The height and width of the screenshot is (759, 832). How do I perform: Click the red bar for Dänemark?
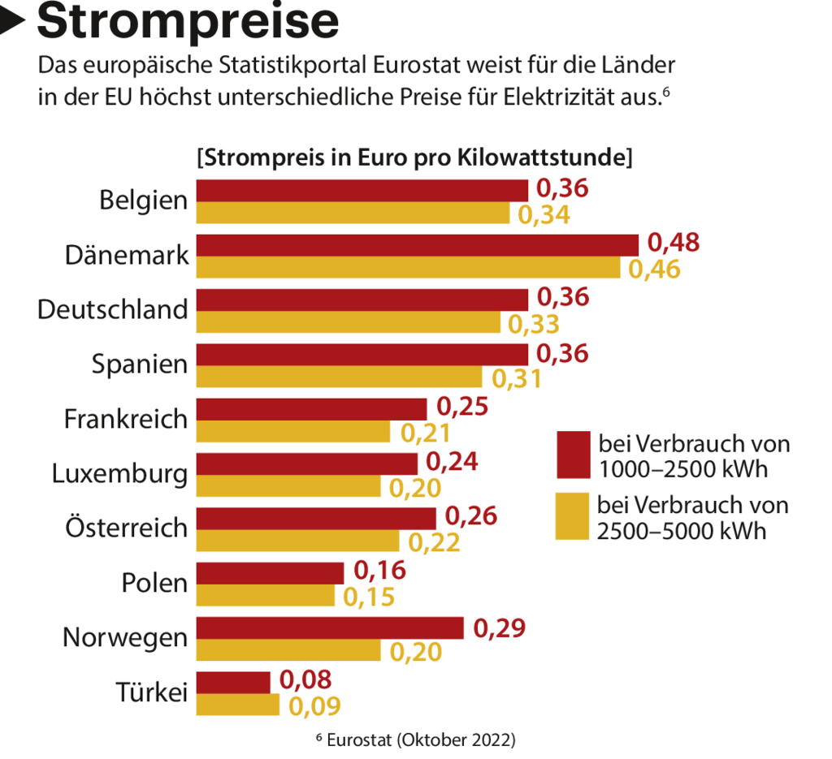[418, 244]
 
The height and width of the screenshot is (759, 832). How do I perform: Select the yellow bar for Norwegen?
[288, 651]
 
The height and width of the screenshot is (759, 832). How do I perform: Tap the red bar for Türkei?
[233, 683]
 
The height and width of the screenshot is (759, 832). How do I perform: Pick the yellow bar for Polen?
[266, 596]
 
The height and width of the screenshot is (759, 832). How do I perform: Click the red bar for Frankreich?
[311, 408]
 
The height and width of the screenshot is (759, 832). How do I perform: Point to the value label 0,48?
[674, 244]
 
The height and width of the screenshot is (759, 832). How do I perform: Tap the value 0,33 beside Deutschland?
[534, 324]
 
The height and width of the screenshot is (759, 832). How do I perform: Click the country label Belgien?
[143, 200]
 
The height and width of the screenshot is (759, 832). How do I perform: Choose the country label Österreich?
[127, 528]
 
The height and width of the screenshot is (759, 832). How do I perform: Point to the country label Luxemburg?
[119, 473]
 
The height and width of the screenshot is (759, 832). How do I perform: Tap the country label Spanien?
[139, 364]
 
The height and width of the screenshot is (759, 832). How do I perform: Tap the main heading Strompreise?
[188, 22]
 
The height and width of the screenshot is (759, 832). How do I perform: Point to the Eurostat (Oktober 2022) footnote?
[415, 740]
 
